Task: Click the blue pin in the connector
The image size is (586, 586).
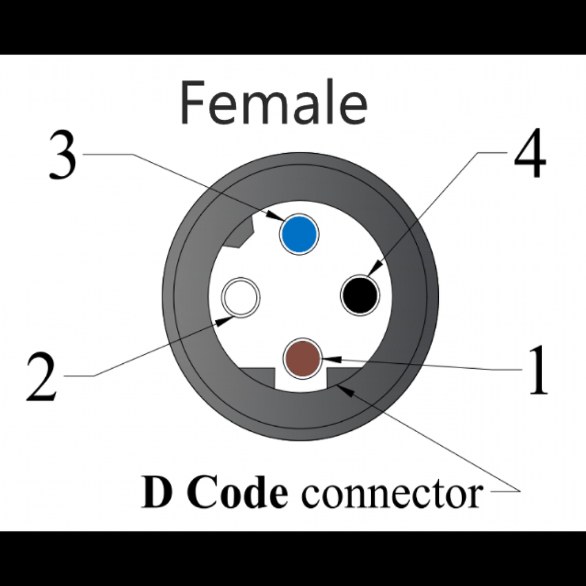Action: (299, 234)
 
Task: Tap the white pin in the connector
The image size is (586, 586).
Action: (241, 297)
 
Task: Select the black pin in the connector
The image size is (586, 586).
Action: (360, 295)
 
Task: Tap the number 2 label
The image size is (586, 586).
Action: (42, 378)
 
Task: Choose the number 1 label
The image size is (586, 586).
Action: (537, 371)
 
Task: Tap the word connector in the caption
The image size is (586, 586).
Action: (391, 493)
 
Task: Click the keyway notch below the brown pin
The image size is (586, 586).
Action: (301, 382)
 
